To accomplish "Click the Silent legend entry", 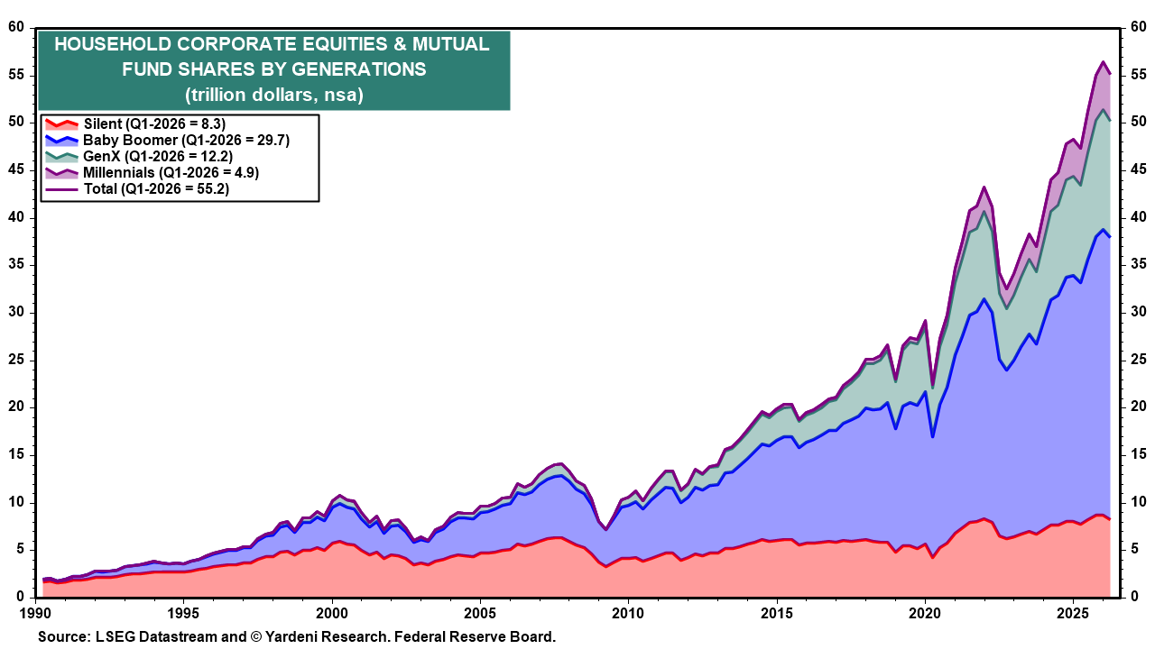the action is [135, 124].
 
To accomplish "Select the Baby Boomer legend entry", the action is [168, 140].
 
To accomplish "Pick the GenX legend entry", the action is [139, 156].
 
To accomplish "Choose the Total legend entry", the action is [137, 188].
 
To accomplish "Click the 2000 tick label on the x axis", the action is [331, 614].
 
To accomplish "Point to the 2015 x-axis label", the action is [777, 614].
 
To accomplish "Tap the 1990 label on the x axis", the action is [35, 614].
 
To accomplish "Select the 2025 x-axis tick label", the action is [1073, 614].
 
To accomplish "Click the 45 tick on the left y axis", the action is [16, 170].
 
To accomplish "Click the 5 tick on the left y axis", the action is [21, 549].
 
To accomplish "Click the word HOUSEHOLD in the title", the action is [113, 44].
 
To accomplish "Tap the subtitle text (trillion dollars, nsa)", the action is [274, 95].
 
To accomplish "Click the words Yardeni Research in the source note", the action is [326, 636].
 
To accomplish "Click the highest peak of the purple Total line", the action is [1103, 77].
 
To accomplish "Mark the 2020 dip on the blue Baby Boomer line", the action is [932, 437].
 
